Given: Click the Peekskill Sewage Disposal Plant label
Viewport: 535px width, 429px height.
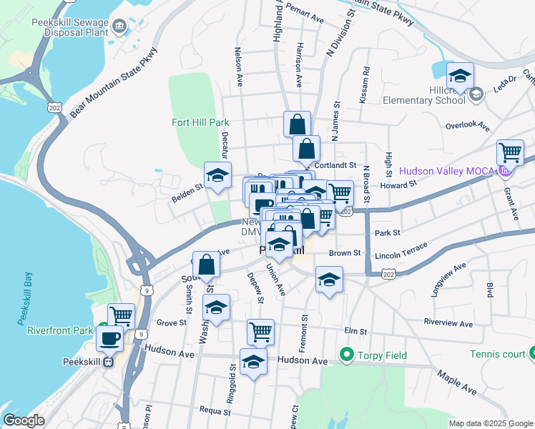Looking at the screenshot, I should pyautogui.click(x=69, y=27).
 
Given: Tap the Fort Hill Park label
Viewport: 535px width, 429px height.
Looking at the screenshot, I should pyautogui.click(x=200, y=122).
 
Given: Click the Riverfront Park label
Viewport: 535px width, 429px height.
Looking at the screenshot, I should pyautogui.click(x=60, y=330).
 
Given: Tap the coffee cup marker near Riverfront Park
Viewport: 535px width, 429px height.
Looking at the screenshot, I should pyautogui.click(x=109, y=338).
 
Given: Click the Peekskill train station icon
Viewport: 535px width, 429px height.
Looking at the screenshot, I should pyautogui.click(x=109, y=362).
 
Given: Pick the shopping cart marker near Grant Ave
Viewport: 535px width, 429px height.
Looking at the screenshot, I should pyautogui.click(x=510, y=152).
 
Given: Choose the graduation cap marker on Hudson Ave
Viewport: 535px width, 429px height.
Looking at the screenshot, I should pyautogui.click(x=252, y=363).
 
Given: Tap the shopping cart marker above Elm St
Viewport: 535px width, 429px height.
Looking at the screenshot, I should pyautogui.click(x=260, y=332).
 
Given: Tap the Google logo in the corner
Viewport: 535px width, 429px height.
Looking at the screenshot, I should pyautogui.click(x=24, y=420).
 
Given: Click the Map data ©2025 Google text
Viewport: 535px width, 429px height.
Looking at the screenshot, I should pyautogui.click(x=490, y=423).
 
